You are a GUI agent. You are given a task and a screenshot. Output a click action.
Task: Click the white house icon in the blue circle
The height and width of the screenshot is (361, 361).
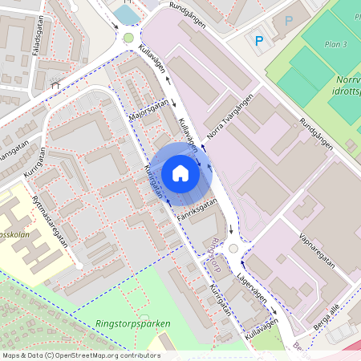tap(180, 172)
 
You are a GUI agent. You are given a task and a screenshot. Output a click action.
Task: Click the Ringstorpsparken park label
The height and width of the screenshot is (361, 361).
tap(133, 323)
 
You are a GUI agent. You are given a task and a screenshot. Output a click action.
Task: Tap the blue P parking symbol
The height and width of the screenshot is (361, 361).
tap(258, 40)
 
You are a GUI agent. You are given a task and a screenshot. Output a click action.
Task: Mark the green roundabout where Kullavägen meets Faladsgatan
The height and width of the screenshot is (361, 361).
tap(128, 38)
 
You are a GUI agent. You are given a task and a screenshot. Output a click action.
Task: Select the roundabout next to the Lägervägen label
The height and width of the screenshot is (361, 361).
tap(233, 249)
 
